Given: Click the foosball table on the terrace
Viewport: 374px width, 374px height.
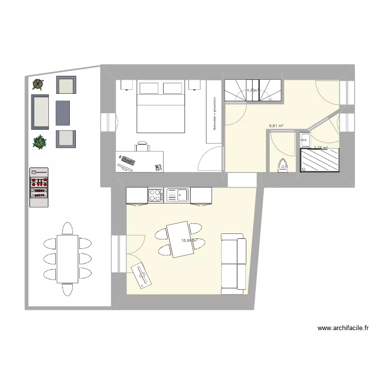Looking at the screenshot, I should tap(39, 187).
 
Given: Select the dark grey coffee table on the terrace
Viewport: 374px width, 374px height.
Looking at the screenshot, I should tap(62, 112).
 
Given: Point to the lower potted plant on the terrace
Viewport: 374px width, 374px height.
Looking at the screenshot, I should tap(39, 142).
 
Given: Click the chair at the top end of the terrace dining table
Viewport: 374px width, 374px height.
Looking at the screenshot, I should tap(67, 229).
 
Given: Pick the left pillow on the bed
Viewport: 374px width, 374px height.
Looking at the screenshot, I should tap(149, 88).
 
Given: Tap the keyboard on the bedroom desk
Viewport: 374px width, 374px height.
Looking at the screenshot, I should tap(128, 161).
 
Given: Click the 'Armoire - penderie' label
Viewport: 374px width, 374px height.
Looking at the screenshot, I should tap(214, 114).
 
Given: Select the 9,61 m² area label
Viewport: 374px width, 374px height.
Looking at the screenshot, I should tap(276, 126).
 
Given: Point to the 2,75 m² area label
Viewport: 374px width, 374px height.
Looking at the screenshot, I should tap(320, 148).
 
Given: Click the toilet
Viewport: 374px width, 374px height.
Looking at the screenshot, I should tap(283, 165).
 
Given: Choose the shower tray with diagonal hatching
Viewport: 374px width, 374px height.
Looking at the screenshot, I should tap(320, 161).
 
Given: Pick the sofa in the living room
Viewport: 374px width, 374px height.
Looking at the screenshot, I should tap(234, 261).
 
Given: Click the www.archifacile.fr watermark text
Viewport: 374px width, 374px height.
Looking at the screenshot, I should tap(343, 328).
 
